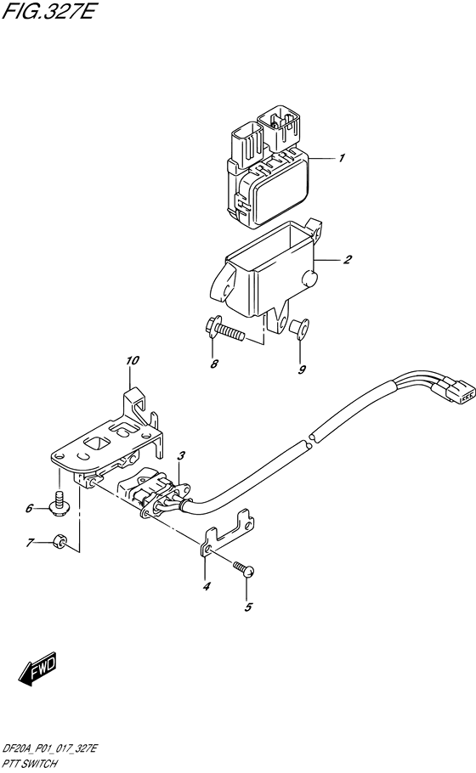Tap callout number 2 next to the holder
click(x=348, y=260)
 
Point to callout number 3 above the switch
click(x=181, y=458)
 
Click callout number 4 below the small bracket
click(x=205, y=586)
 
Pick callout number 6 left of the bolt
click(x=29, y=509)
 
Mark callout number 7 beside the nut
click(x=29, y=542)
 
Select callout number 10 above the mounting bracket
click(x=131, y=361)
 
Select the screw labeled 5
click(x=244, y=572)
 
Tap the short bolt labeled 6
click(x=59, y=504)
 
